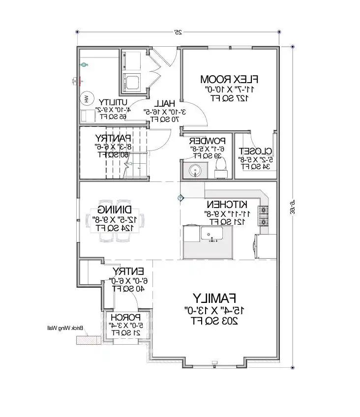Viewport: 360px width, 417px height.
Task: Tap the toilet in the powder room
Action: pyautogui.click(x=221, y=167)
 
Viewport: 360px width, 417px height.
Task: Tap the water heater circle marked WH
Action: pyautogui.click(x=87, y=98)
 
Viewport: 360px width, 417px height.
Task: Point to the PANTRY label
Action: pyautogui.click(x=113, y=138)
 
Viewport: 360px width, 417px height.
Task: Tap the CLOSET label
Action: pyautogui.click(x=254, y=151)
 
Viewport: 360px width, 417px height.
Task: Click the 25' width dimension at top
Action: pyautogui.click(x=178, y=32)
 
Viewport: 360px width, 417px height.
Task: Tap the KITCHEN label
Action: pyautogui.click(x=227, y=204)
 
